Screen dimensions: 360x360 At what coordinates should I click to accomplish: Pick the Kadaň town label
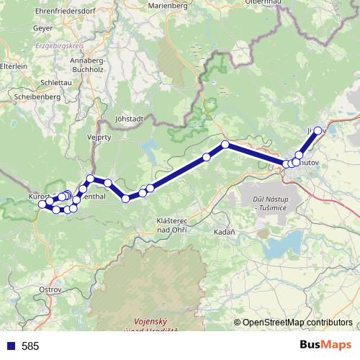pyautogui.click(x=224, y=232)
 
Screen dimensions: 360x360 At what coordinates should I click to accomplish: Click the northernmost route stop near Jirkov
pyautogui.click(x=318, y=131)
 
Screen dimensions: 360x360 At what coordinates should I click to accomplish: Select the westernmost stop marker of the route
pyautogui.click(x=42, y=204)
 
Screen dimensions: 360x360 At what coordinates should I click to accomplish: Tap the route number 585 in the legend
pyautogui.click(x=30, y=346)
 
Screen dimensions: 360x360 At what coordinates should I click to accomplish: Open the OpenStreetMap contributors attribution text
pyautogui.click(x=297, y=323)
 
